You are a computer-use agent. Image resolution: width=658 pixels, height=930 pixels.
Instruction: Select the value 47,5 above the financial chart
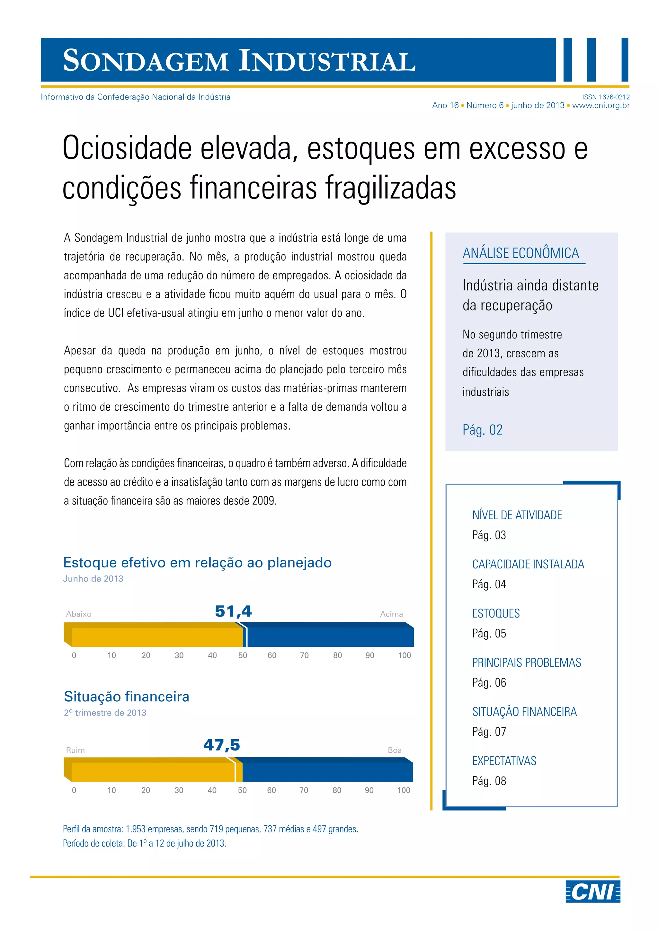[x=222, y=745]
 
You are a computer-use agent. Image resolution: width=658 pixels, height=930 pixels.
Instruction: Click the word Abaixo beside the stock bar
[x=79, y=614]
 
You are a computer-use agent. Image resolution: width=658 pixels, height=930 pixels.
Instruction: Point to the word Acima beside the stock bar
[x=391, y=614]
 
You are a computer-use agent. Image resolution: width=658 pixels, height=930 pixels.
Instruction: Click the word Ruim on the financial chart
[x=76, y=750]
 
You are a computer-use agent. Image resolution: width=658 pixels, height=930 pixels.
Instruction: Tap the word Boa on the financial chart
[x=395, y=750]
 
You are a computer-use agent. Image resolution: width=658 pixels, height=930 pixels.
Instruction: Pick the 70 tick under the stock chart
[x=304, y=655]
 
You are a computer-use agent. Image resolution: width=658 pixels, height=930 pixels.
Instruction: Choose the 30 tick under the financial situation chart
[x=179, y=790]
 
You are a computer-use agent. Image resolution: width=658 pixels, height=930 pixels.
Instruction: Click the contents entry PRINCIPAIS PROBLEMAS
[x=526, y=663]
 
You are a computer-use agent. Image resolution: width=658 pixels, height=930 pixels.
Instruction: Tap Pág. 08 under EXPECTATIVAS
[x=489, y=781]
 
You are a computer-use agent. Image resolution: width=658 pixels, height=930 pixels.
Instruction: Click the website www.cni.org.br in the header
[x=601, y=105]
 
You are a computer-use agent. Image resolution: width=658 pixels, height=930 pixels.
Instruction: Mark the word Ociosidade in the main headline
[x=127, y=149]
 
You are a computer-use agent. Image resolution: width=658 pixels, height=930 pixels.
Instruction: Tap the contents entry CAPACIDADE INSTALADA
[x=528, y=564]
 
